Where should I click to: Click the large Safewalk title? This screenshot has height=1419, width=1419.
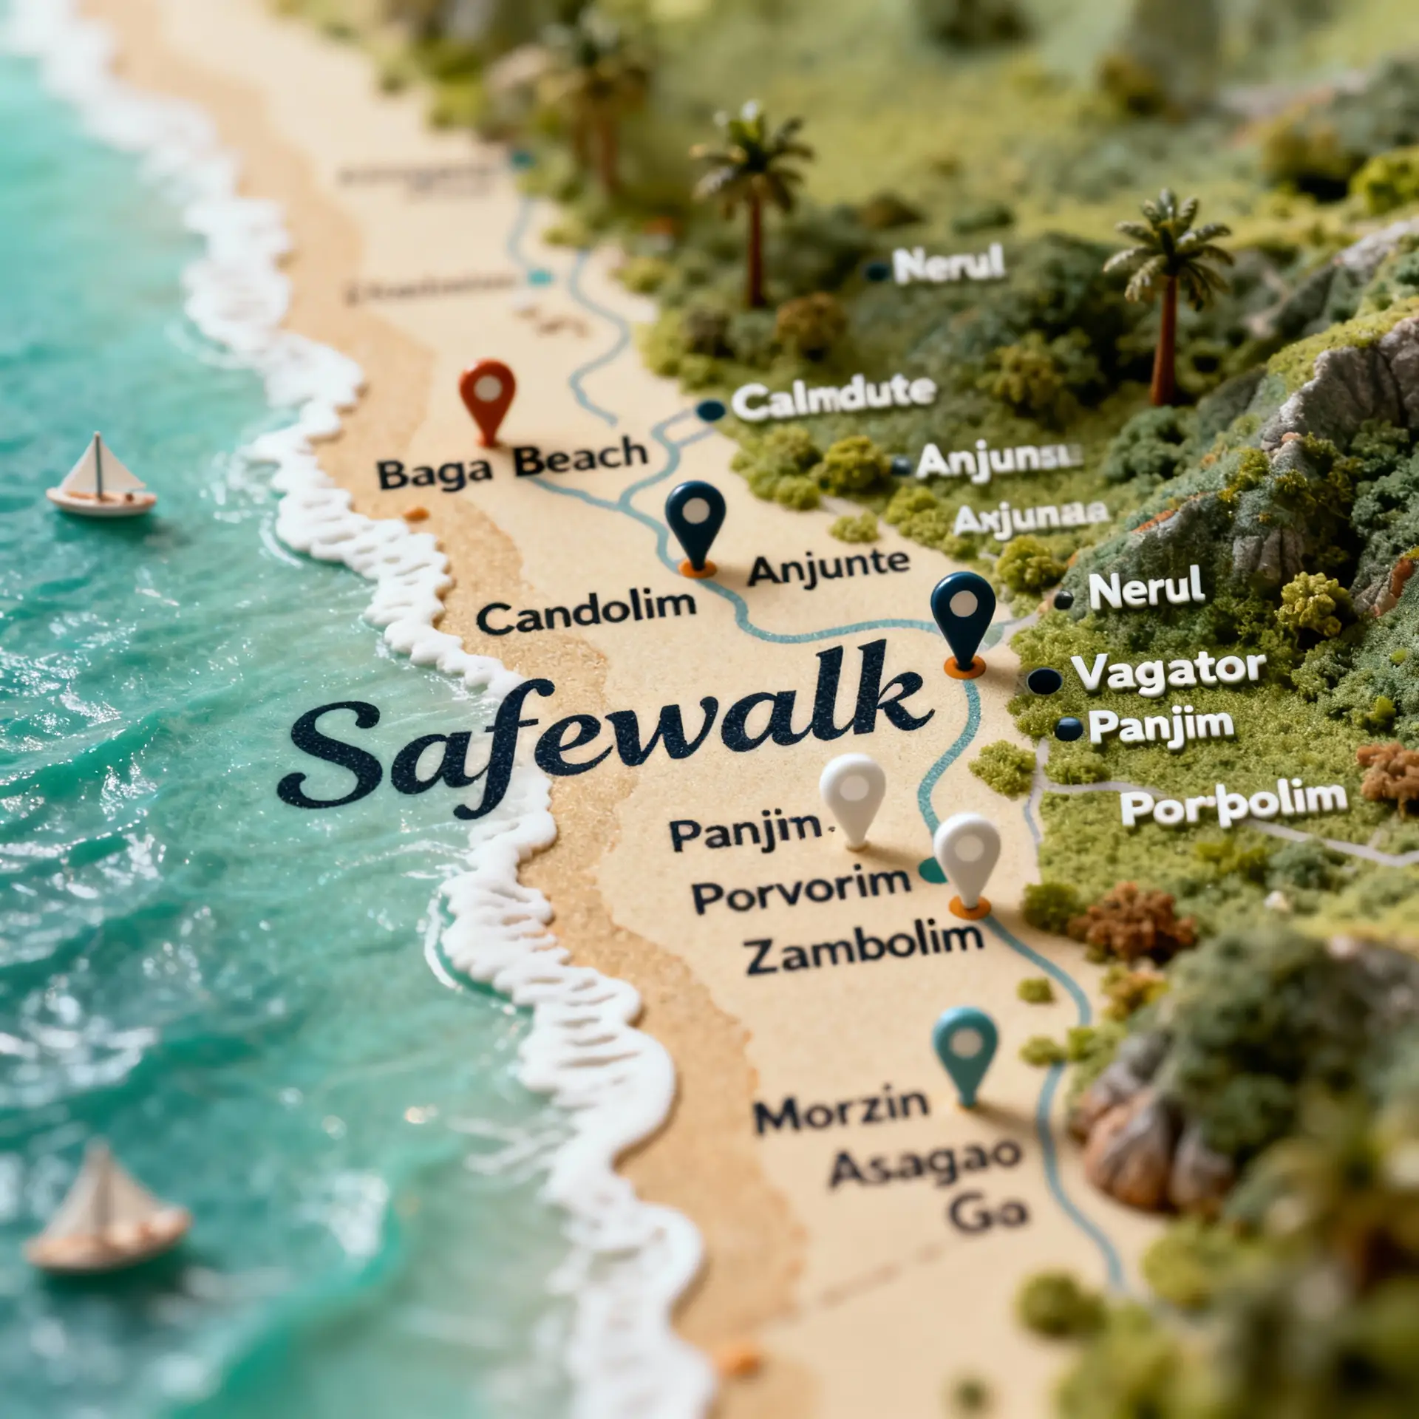click(x=606, y=732)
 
